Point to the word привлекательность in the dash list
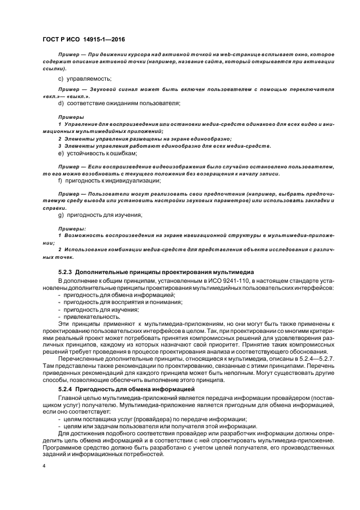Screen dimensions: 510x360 click(x=88, y=316)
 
